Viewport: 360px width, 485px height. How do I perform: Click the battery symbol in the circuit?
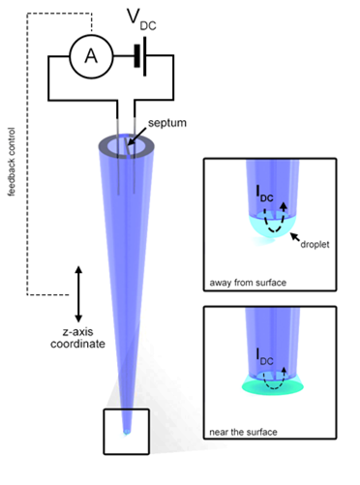140,56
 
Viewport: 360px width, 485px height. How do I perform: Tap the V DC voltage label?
141,19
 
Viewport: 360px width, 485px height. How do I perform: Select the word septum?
167,123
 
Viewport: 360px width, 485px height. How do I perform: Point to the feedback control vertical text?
12,162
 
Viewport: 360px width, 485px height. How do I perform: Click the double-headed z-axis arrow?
78,294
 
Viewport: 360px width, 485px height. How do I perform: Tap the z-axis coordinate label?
77,338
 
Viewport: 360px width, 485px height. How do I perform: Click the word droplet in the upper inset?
315,244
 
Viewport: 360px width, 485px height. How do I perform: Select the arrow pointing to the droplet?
295,237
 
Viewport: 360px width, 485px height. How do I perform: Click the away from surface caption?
248,283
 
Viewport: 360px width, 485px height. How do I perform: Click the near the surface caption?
243,432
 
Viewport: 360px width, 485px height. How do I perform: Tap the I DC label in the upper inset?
264,194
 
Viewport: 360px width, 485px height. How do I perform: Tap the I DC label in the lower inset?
264,357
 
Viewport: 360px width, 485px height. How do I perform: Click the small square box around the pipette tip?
104,432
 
